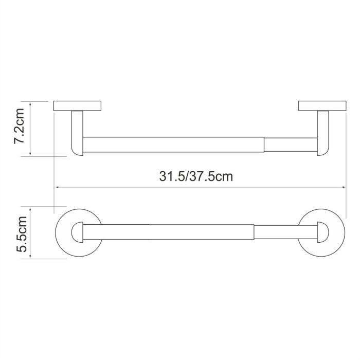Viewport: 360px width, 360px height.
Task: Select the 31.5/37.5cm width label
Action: (196, 177)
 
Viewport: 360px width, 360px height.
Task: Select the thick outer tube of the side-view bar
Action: (172, 145)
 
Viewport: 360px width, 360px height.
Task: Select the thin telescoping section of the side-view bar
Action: (291, 145)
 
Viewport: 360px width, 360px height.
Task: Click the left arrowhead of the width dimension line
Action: (57, 188)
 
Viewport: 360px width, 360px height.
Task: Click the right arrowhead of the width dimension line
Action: (344, 188)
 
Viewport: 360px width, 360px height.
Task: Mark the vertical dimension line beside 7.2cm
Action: (32, 129)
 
